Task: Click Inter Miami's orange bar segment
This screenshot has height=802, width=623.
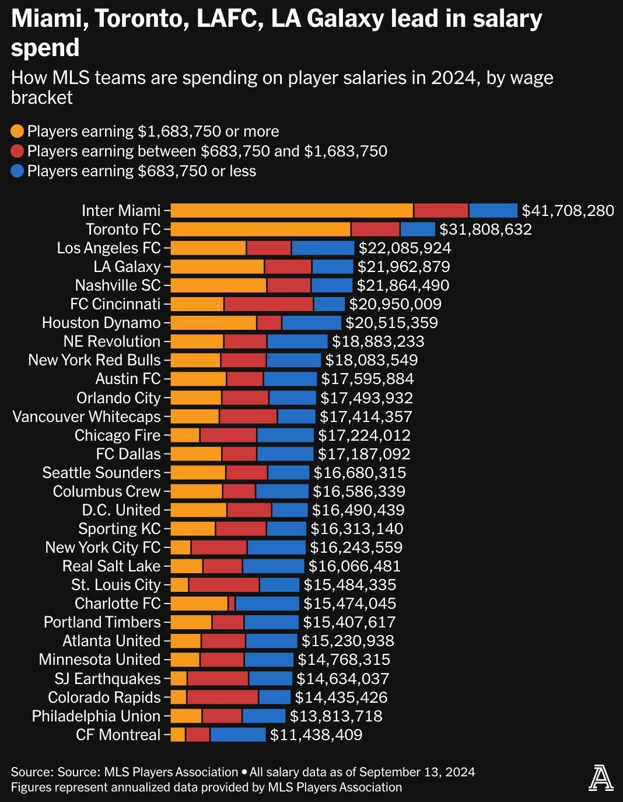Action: (x=292, y=211)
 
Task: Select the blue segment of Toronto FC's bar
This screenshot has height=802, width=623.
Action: (x=418, y=229)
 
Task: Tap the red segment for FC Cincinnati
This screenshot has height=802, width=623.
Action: (x=269, y=304)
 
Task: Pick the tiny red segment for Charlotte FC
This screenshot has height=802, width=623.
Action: (x=232, y=604)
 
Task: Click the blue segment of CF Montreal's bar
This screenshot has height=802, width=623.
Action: (x=238, y=735)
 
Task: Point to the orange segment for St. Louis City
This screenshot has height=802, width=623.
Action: (x=180, y=585)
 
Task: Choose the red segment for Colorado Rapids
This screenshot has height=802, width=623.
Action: (x=223, y=698)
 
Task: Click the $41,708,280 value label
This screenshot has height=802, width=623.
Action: (x=568, y=211)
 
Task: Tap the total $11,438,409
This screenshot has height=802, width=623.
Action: (x=316, y=735)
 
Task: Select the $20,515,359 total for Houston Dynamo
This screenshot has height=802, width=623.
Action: (x=391, y=323)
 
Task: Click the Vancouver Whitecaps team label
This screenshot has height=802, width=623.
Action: (x=86, y=417)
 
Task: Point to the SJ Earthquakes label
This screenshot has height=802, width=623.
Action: (x=107, y=679)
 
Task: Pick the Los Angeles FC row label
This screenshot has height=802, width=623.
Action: (x=108, y=248)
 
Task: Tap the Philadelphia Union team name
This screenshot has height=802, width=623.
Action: (x=96, y=716)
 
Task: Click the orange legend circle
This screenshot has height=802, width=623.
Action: (x=17, y=131)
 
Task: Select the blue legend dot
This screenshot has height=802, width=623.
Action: (x=17, y=171)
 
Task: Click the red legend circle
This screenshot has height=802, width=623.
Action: (x=17, y=151)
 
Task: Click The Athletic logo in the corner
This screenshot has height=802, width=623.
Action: (x=601, y=778)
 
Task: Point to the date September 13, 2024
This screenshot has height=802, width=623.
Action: (x=416, y=772)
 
